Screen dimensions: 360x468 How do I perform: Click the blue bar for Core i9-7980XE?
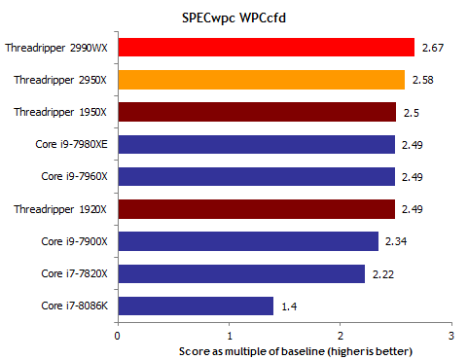256,144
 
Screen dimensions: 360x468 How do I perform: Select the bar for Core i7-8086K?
196,306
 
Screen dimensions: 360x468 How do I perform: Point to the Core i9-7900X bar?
248,241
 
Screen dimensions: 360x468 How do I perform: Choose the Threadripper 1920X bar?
256,208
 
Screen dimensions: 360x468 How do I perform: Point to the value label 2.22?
381,273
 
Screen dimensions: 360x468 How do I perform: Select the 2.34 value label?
395,241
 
